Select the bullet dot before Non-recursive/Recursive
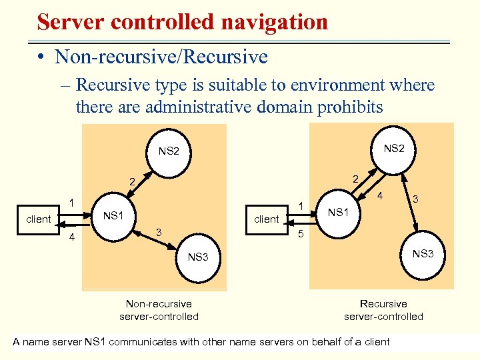pyautogui.click(x=42, y=57)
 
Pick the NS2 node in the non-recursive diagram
pyautogui.click(x=169, y=151)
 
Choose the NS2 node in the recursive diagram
pyautogui.click(x=394, y=148)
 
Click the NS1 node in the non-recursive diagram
pyautogui.click(x=113, y=215)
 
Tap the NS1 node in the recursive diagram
pyautogui.click(x=338, y=212)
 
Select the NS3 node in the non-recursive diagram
pyautogui.click(x=198, y=257)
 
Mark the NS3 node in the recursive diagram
pyautogui.click(x=423, y=253)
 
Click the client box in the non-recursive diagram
pyautogui.click(x=39, y=219)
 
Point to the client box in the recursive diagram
pyautogui.click(x=267, y=219)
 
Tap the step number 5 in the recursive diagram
pyautogui.click(x=300, y=235)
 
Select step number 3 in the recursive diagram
pyautogui.click(x=415, y=199)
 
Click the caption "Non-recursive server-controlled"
pyautogui.click(x=159, y=310)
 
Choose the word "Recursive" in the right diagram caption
pyautogui.click(x=383, y=304)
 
